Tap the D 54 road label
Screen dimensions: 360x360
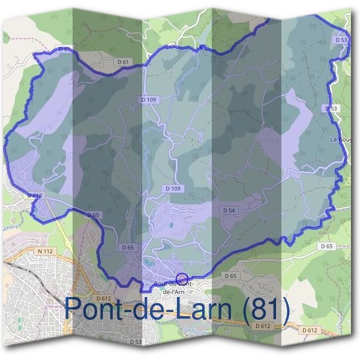(x=228, y=211)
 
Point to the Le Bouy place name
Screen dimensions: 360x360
(x=341, y=139)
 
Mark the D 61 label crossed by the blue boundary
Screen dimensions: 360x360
(x=65, y=49)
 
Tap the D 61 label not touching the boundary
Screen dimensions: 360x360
(x=123, y=61)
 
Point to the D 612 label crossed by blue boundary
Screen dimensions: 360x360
(x=35, y=196)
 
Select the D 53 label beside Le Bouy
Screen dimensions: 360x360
(x=330, y=109)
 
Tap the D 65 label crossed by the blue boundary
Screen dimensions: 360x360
(x=93, y=215)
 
